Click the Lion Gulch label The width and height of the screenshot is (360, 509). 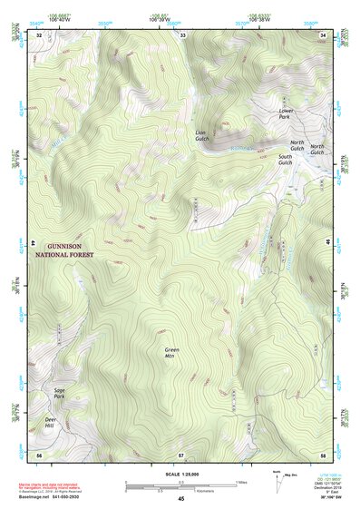202,135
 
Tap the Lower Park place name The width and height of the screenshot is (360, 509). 286,114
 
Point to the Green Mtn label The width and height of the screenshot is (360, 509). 171,353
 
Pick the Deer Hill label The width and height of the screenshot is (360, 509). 52,422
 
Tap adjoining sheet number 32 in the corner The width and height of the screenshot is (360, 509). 39,34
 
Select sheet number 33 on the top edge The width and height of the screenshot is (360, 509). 182,34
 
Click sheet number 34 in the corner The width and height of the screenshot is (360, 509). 325,34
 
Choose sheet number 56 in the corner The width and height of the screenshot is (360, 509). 39,454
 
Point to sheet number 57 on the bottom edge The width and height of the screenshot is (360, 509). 181,454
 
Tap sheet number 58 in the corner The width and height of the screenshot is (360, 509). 324,454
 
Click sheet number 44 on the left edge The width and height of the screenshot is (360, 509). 34,244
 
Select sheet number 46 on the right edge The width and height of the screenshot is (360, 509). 329,244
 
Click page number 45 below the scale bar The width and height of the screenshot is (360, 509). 181,498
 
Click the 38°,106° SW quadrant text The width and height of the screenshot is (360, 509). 335,498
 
